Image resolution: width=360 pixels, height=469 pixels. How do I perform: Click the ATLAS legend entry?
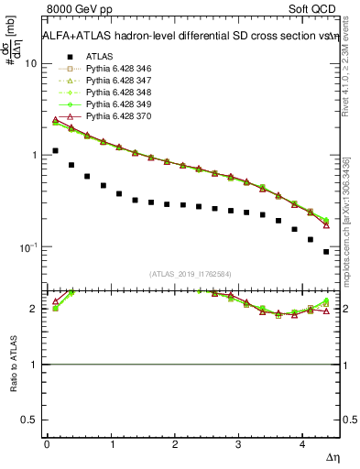(99, 56)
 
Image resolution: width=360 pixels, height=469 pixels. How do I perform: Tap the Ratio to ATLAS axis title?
(12, 365)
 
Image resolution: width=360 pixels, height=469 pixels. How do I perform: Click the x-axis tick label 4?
(302, 443)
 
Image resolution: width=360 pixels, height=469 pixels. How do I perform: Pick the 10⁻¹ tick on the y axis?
(27, 247)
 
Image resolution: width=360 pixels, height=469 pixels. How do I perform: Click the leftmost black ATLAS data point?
(56, 150)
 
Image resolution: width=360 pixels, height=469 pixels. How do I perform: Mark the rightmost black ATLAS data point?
(326, 251)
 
